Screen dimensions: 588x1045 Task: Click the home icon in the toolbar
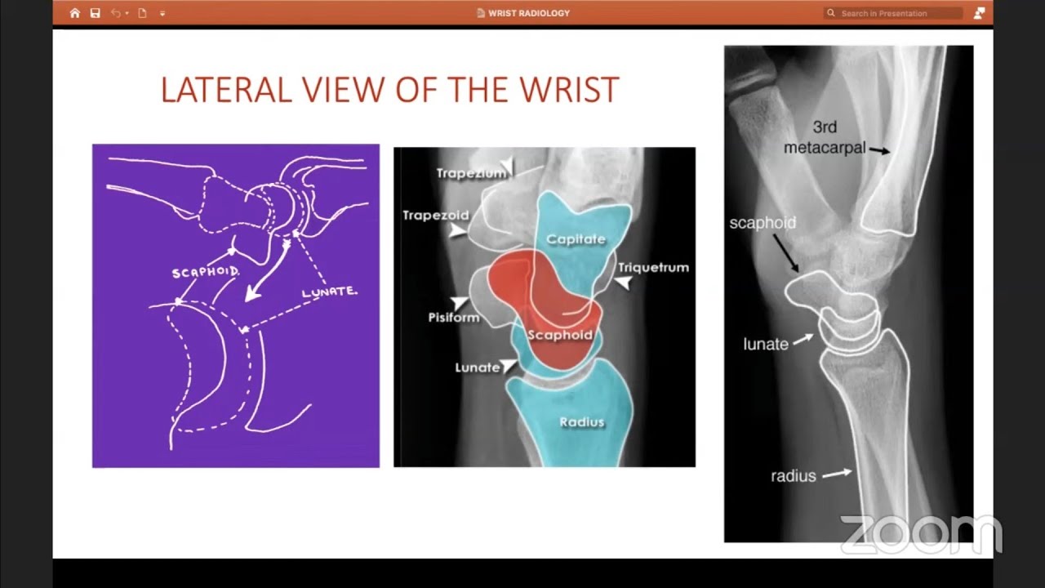coord(75,13)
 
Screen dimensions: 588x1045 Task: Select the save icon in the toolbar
coord(96,13)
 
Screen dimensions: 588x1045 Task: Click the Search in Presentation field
coord(894,13)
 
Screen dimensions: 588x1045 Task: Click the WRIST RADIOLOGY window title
coord(528,13)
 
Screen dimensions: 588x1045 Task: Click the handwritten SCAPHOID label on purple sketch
coord(206,272)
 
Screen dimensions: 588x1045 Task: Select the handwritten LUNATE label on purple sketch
coord(329,292)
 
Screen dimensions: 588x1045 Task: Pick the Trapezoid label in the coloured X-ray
coord(436,216)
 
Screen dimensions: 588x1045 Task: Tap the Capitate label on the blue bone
coord(576,239)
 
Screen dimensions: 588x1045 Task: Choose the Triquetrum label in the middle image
coord(653,267)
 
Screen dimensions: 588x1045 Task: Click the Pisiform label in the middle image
coord(453,317)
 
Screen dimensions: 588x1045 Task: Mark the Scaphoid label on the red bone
coord(559,335)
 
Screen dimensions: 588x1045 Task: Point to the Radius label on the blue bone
coord(581,422)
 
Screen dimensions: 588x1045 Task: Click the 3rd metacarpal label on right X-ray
coord(825,138)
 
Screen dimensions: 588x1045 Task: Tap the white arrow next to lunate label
coord(803,338)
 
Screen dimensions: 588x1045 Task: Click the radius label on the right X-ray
coord(793,475)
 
